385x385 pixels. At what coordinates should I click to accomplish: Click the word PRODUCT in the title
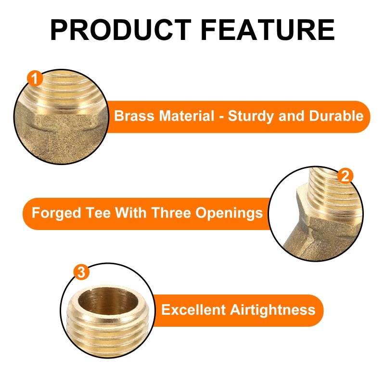point(121,30)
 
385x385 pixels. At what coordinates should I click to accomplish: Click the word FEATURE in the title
point(268,30)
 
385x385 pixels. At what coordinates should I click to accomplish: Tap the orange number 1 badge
point(35,78)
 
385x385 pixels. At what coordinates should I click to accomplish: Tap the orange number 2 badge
point(345,176)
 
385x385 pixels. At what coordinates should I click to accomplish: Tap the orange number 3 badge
point(81,272)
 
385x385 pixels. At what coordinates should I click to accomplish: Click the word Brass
point(134,115)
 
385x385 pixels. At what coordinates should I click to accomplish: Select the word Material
point(187,115)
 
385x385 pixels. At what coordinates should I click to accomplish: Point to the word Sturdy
point(251,116)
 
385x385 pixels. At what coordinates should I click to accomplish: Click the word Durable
point(336,115)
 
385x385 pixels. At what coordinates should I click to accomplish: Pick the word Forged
point(56,213)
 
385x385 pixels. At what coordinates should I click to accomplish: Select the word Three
point(171,213)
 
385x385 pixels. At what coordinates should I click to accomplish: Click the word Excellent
point(193,309)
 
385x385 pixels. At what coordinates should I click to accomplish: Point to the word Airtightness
point(272,310)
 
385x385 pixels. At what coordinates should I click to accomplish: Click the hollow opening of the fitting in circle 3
point(108,301)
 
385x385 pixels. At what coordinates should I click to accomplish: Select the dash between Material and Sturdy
point(221,117)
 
